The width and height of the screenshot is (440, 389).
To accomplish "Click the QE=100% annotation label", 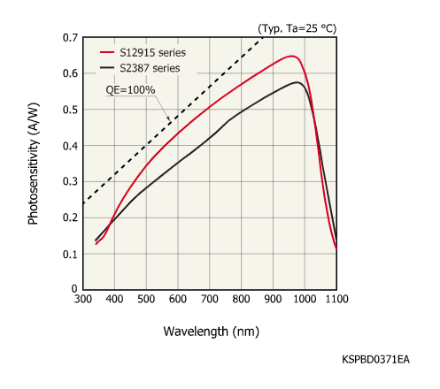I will tap(130, 90).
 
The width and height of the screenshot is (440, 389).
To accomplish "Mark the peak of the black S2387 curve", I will tap(299, 82).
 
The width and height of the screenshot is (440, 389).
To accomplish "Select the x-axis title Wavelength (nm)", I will tap(210, 332).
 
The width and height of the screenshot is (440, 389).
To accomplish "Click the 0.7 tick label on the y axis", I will tap(70, 38).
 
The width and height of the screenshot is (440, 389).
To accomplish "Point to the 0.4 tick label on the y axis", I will tap(70, 146).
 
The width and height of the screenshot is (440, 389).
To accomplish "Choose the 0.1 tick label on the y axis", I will tap(70, 254).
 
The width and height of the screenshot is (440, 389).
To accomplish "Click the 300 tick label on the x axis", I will tap(82, 301).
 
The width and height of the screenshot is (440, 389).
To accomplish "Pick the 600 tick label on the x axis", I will tap(178, 301).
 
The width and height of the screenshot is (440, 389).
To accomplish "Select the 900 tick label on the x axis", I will tap(273, 301).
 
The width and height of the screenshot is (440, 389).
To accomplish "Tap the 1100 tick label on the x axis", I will tap(336, 301).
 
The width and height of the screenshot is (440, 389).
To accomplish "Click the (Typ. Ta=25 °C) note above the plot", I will tap(298, 29).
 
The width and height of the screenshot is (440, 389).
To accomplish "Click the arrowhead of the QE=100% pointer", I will tap(169, 121).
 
